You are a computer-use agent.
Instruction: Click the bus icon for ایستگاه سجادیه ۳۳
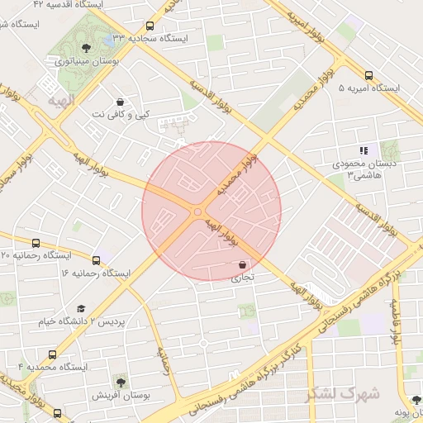click(150, 26)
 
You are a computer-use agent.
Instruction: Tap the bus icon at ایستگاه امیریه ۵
click(368, 74)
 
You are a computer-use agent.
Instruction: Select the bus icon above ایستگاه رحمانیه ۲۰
click(36, 243)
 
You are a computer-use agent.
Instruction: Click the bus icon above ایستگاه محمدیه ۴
click(53, 354)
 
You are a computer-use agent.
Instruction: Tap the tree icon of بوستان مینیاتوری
click(85, 48)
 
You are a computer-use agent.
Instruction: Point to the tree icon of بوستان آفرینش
click(121, 382)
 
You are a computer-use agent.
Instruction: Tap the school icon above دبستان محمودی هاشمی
click(363, 150)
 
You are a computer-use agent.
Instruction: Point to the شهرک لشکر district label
click(344, 393)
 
